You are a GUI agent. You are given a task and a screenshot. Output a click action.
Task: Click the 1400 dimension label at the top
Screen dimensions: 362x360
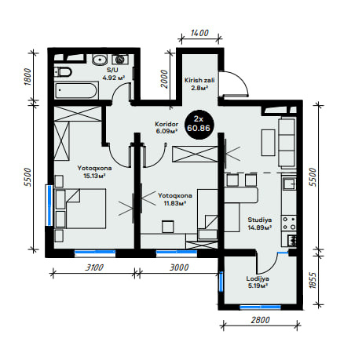click(x=199, y=33)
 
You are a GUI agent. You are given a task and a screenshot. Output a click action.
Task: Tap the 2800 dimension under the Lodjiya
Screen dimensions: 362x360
click(x=260, y=320)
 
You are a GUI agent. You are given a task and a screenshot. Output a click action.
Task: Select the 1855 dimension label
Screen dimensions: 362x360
click(x=313, y=281)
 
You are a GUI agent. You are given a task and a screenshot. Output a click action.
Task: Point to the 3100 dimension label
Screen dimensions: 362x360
click(x=94, y=267)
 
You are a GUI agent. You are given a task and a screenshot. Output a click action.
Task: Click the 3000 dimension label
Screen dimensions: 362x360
click(x=179, y=267)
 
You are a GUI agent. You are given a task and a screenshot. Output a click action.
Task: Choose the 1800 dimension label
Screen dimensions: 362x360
click(x=27, y=76)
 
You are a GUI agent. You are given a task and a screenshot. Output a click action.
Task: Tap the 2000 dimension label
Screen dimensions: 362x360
click(x=164, y=79)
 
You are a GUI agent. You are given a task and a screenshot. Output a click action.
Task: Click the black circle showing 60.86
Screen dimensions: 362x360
click(x=199, y=124)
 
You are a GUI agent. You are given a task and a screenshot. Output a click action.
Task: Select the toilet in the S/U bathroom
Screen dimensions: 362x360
click(x=63, y=72)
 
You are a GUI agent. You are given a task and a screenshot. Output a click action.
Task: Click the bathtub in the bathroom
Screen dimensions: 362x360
click(x=76, y=90)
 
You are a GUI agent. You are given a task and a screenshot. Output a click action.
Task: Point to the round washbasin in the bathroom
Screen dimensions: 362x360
click(x=100, y=60)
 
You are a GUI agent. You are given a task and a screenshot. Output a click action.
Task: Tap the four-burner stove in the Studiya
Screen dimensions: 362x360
click(x=289, y=224)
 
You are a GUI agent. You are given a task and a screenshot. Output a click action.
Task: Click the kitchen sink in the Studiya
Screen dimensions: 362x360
click(x=289, y=183)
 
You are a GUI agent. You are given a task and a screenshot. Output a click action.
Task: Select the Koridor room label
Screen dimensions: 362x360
click(x=166, y=124)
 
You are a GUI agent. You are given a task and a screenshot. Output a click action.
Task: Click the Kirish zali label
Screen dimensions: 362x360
click(x=199, y=80)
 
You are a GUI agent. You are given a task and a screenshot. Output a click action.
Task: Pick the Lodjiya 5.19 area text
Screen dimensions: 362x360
click(x=258, y=285)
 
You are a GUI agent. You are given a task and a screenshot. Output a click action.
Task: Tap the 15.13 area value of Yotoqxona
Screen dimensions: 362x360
click(x=94, y=176)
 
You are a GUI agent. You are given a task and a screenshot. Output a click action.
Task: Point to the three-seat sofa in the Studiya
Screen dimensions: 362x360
click(x=287, y=143)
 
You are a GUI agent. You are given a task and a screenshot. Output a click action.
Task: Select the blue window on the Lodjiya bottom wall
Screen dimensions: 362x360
click(x=261, y=307)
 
